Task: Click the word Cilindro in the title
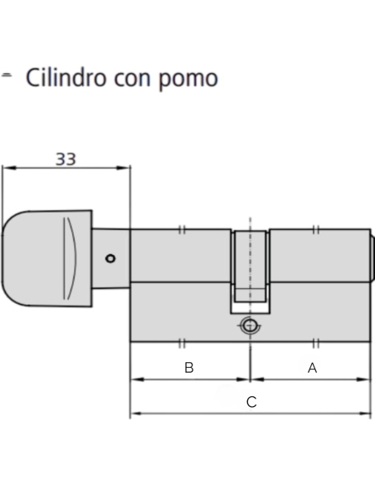(x=65, y=79)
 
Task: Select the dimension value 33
(x=66, y=157)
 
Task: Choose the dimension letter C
(x=251, y=402)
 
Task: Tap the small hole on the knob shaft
(x=111, y=258)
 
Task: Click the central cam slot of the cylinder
(x=249, y=264)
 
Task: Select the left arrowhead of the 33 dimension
(x=6, y=168)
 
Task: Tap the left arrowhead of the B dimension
(x=134, y=380)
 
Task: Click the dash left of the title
(x=7, y=75)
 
